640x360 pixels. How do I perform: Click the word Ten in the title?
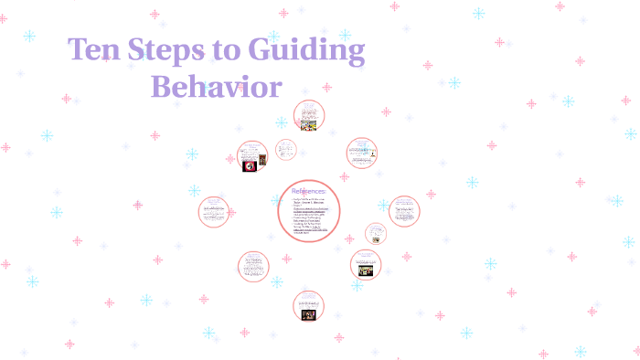98,51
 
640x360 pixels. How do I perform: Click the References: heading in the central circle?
308,191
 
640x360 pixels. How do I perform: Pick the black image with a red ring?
249,166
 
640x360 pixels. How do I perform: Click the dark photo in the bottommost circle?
309,314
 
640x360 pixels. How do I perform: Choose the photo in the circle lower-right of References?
365,271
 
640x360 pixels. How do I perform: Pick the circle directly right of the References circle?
403,212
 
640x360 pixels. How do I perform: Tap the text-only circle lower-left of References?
253,266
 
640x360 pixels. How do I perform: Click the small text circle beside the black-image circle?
286,150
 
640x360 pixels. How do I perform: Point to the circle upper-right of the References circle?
362,153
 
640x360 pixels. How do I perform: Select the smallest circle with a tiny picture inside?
376,234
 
